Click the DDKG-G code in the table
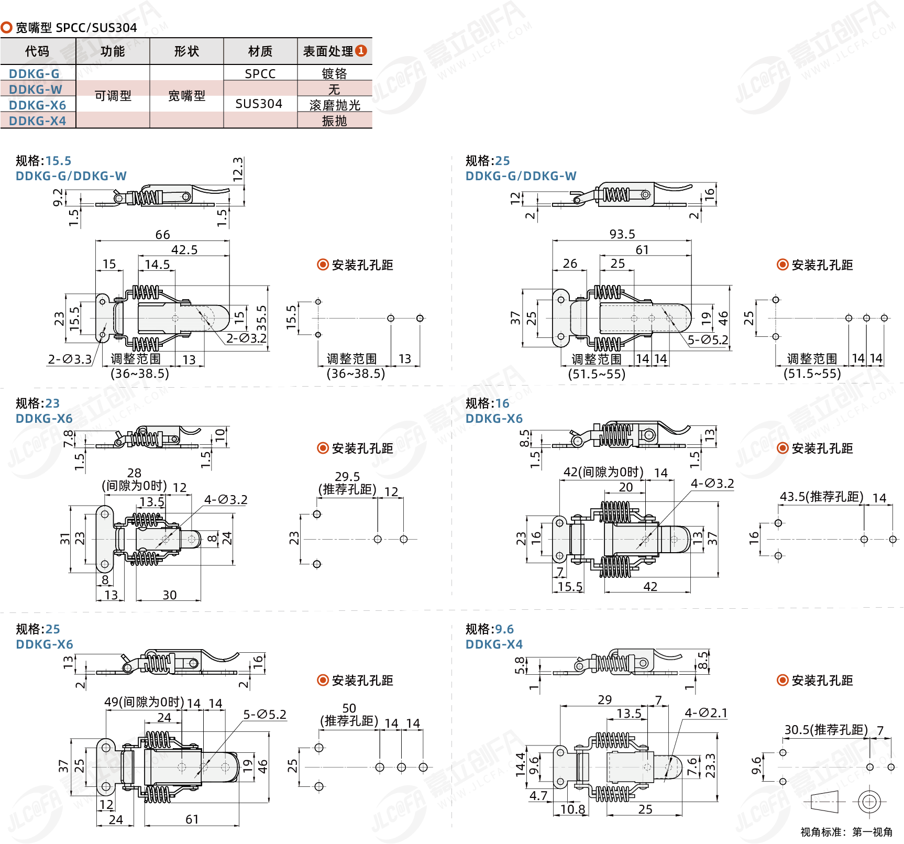(34, 74)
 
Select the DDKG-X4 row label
(37, 121)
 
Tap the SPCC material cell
(260, 74)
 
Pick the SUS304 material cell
(259, 104)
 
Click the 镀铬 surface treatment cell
(334, 74)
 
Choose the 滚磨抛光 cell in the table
(335, 105)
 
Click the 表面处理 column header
(328, 51)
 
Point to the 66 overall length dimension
(162, 235)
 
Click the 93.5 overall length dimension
(622, 234)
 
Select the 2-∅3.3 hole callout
(70, 359)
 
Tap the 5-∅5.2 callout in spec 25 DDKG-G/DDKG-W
(708, 340)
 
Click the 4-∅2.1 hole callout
(706, 713)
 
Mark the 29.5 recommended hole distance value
(347, 477)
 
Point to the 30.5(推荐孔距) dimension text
(825, 730)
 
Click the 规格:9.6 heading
(489, 629)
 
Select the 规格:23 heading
(38, 403)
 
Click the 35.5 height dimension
(261, 318)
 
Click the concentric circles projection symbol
(869, 802)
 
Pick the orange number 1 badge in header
(361, 51)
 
